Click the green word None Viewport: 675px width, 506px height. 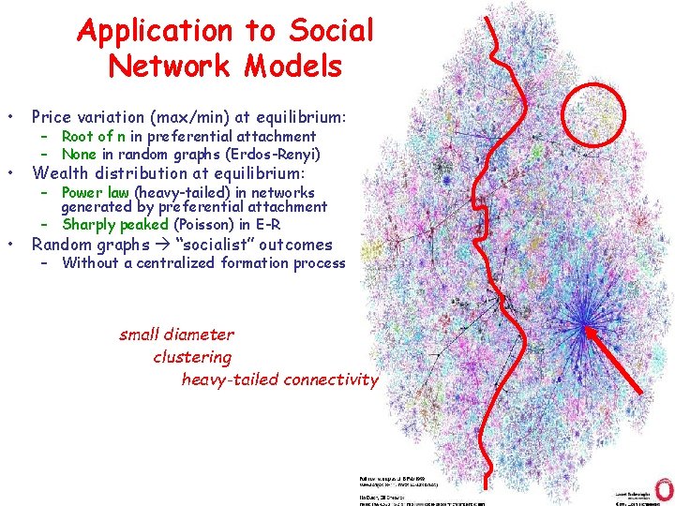click(x=80, y=154)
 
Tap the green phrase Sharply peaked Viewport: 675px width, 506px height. click(x=115, y=224)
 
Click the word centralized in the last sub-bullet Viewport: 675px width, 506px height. click(x=172, y=262)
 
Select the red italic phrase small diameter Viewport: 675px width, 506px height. click(x=176, y=335)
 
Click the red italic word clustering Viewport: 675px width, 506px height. click(x=192, y=357)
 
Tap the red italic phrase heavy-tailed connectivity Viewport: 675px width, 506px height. click(x=279, y=379)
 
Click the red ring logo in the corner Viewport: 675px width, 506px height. click(x=664, y=488)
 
